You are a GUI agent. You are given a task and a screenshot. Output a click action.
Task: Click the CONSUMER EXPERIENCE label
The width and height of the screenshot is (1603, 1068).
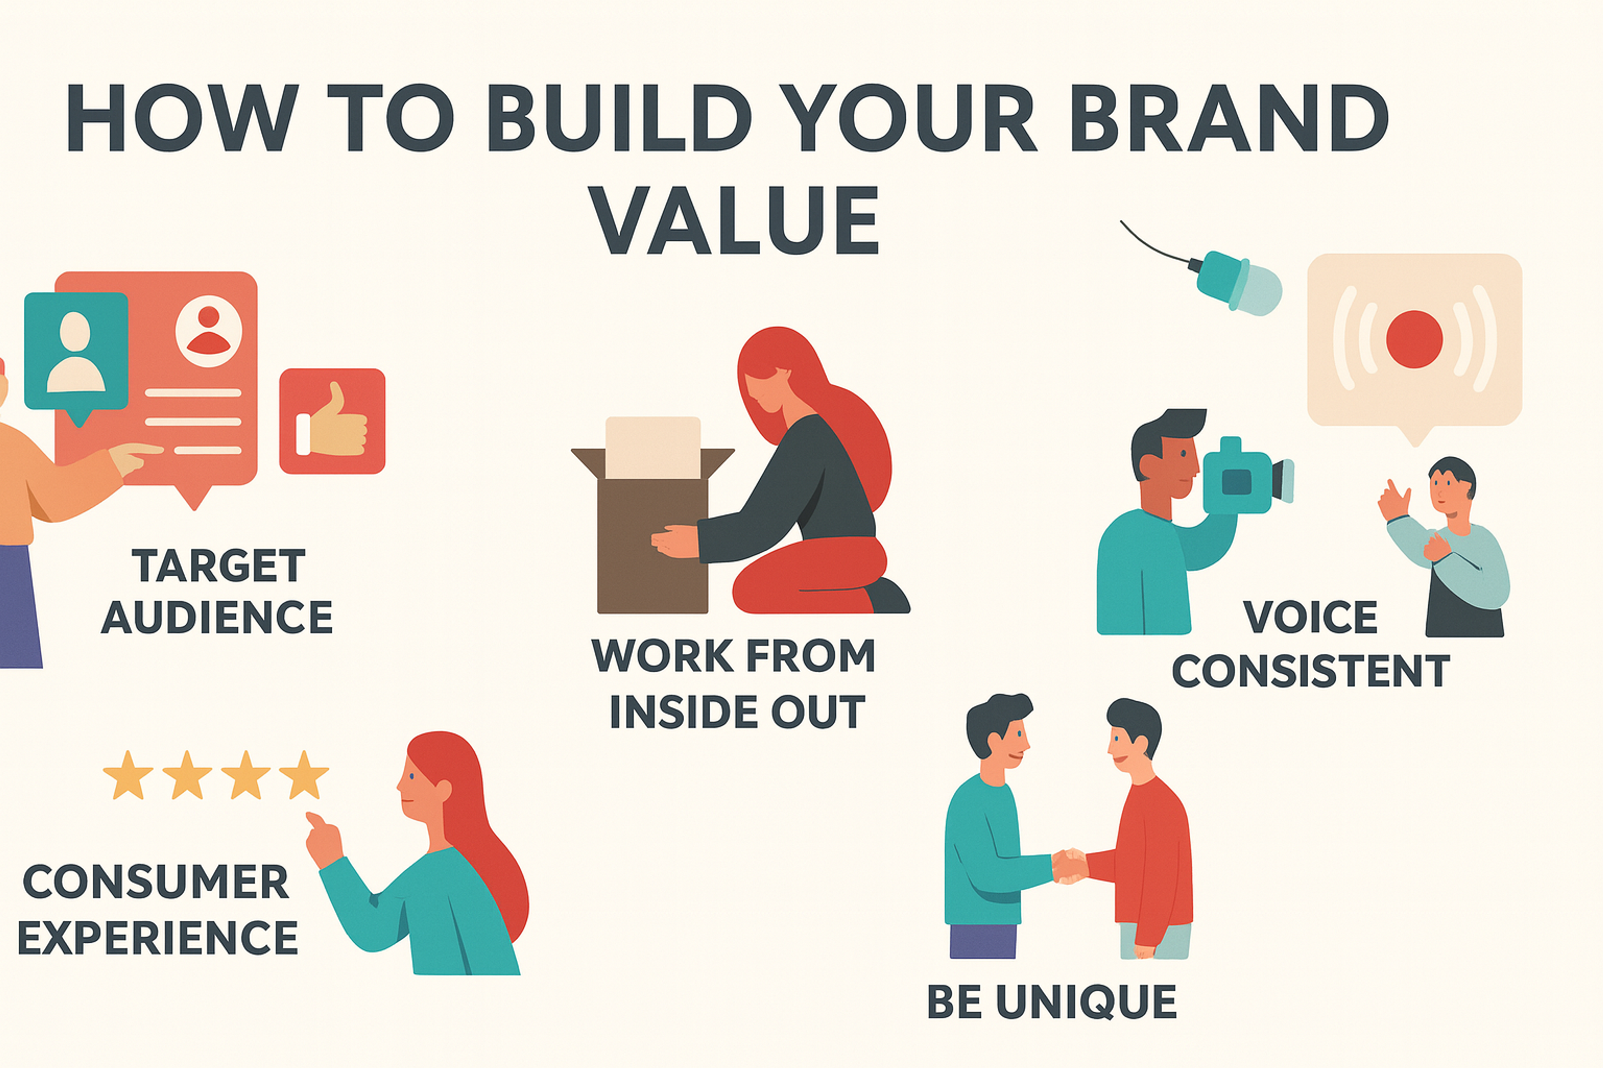157,909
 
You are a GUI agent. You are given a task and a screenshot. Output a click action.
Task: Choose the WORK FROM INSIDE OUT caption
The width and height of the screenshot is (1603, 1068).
734,683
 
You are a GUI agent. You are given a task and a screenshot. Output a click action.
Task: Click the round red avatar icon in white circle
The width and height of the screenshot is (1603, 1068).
209,331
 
